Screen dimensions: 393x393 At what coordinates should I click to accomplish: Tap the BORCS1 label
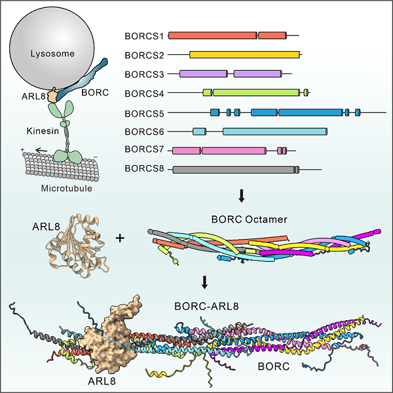[x=143, y=34]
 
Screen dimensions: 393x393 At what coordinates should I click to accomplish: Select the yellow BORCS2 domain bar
[x=244, y=55]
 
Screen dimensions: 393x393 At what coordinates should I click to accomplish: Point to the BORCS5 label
[x=143, y=113]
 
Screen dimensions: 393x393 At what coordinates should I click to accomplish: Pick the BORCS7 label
[x=143, y=151]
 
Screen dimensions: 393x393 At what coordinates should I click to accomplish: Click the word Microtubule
[x=64, y=189]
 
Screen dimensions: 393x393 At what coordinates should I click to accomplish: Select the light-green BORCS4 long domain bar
[x=255, y=93]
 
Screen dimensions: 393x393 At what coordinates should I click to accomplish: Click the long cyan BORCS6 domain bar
[x=275, y=132]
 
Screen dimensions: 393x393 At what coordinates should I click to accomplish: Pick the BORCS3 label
[x=143, y=74]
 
